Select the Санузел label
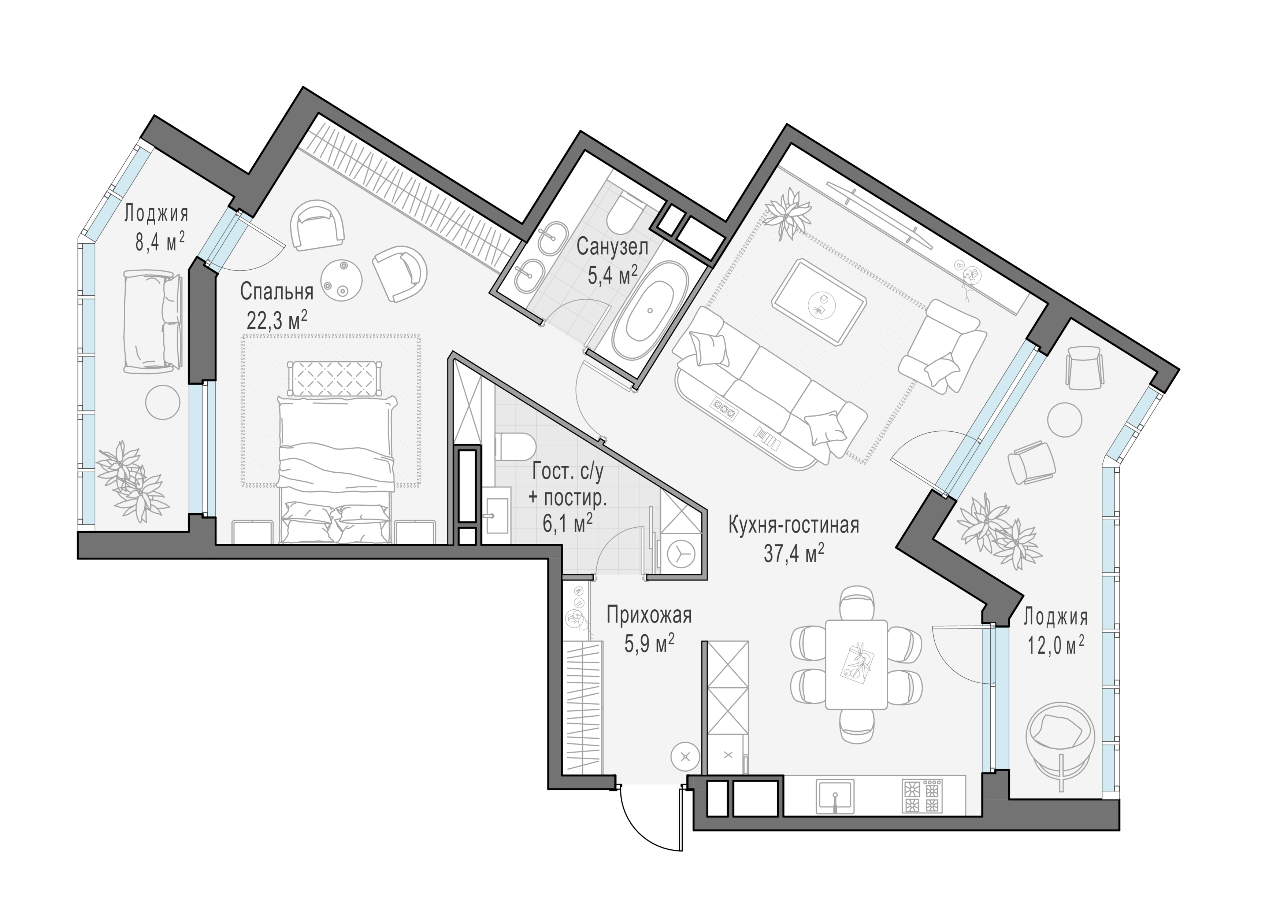click(612, 247)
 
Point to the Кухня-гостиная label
click(794, 525)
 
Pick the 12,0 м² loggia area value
click(1056, 646)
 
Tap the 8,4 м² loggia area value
click(160, 241)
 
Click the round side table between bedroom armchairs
click(341, 281)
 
